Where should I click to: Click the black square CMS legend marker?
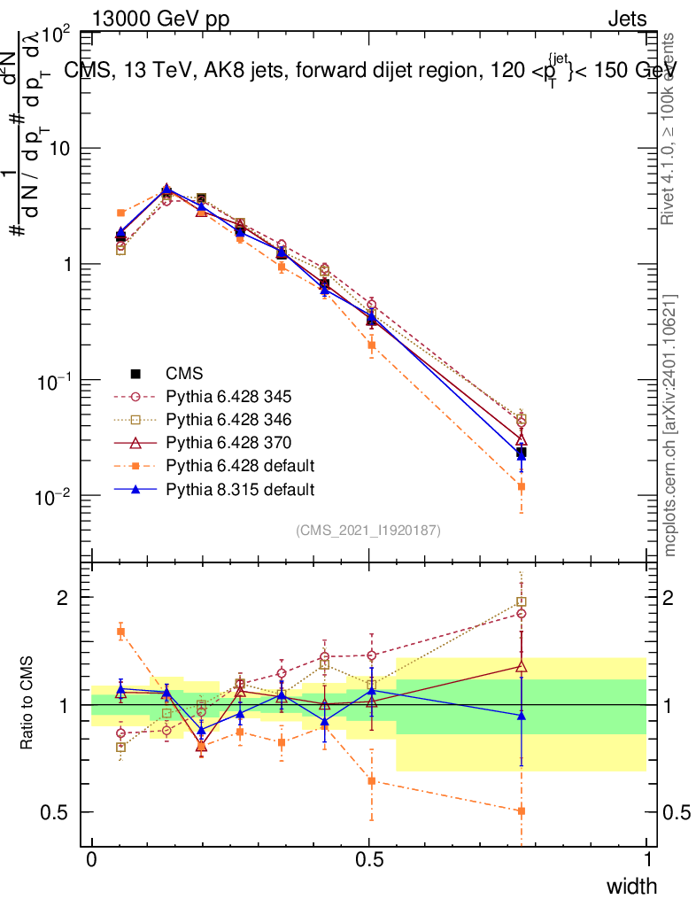[x=135, y=373]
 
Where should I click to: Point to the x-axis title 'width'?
[x=631, y=886]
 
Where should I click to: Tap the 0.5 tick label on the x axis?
[x=369, y=860]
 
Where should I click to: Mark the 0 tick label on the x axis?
[x=92, y=860]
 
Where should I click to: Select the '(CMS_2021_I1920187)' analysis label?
[x=368, y=530]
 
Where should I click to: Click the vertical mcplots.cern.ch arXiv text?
[x=670, y=425]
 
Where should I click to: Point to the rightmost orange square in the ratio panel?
[x=522, y=810]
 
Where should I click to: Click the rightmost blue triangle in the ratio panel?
[x=522, y=715]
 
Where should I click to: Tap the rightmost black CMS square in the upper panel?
[x=522, y=453]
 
